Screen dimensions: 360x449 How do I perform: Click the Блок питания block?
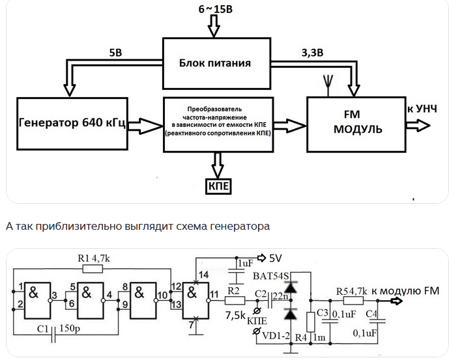click(x=215, y=64)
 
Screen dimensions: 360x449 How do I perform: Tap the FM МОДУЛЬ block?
click(x=356, y=122)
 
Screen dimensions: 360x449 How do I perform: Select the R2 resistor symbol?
click(x=233, y=300)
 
